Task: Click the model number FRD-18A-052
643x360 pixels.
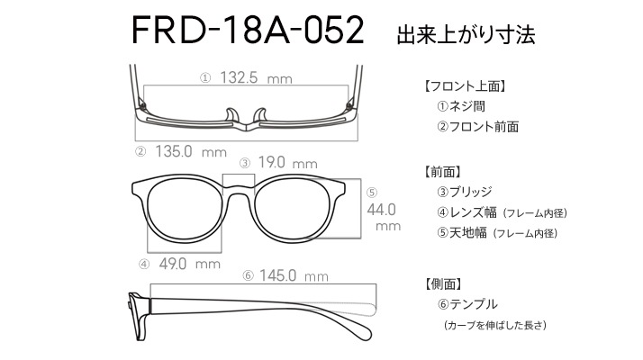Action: pos(248,30)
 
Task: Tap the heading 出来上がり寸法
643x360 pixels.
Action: pos(466,34)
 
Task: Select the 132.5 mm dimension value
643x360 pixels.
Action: pos(256,77)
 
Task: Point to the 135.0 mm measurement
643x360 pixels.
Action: pos(191,152)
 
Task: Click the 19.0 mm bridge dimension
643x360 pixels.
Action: pos(287,163)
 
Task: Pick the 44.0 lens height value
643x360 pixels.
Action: pos(381,210)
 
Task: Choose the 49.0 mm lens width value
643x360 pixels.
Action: pos(189,264)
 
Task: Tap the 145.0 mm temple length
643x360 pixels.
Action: pos(294,275)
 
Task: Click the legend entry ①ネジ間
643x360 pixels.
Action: pos(461,106)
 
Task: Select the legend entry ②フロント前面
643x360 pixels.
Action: pos(477,127)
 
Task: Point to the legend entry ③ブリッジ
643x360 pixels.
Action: pos(464,192)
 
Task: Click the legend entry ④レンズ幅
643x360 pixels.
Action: pos(466,212)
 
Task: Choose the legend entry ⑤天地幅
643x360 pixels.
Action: pos(462,233)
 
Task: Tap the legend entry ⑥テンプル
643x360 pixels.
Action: pos(467,304)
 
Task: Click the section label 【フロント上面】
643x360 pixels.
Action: pos(465,86)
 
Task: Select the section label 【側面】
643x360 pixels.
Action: pos(443,284)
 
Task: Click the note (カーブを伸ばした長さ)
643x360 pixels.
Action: pos(495,325)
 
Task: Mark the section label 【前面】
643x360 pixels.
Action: pos(443,172)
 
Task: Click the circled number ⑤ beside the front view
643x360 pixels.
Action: pos(372,193)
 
